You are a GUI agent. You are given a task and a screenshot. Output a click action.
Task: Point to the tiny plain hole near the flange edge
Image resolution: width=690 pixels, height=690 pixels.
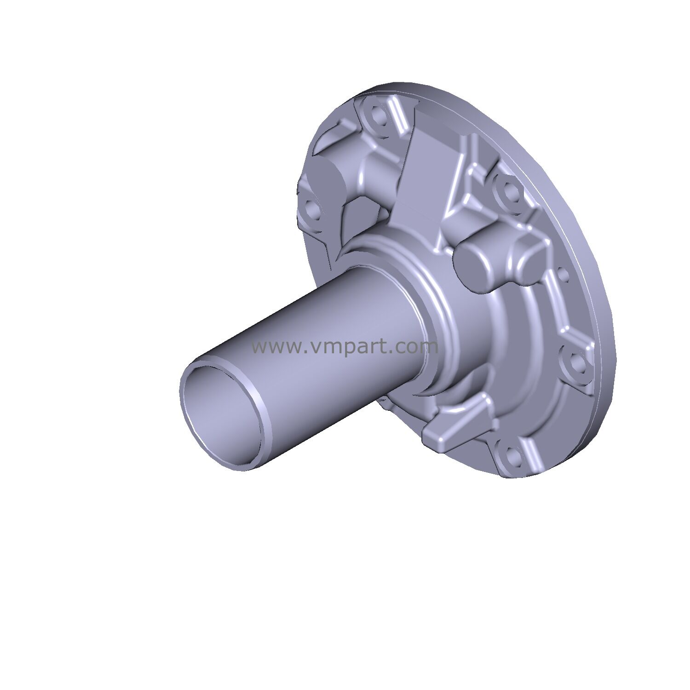click(562, 275)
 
